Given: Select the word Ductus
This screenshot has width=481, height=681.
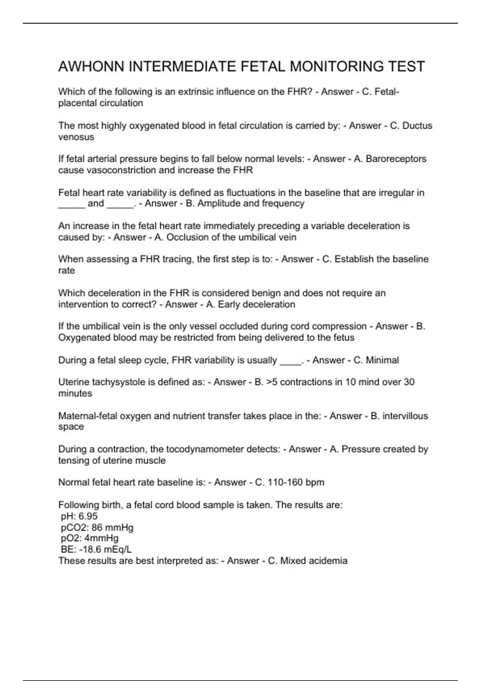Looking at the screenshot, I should pyautogui.click(x=417, y=126).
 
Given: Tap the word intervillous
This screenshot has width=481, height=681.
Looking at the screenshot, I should pyautogui.click(x=405, y=416).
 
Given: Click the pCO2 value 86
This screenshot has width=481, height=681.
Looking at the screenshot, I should pyautogui.click(x=97, y=527).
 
